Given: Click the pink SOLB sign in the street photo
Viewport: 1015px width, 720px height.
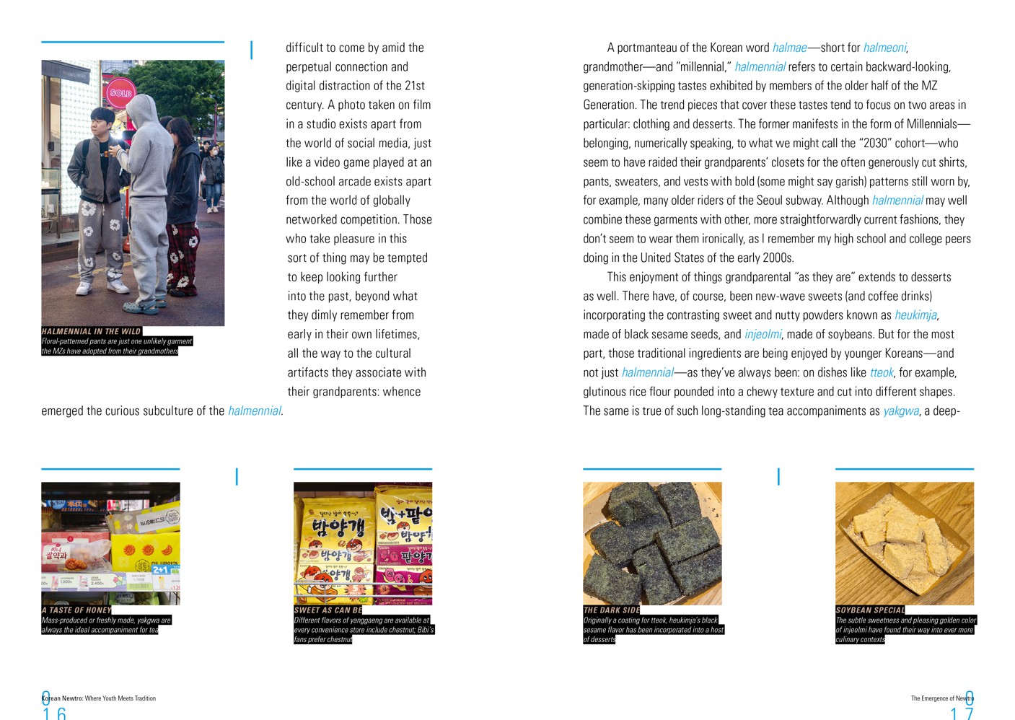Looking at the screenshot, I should pyautogui.click(x=121, y=92).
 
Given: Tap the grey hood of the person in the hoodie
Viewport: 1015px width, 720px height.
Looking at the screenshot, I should pyautogui.click(x=144, y=107).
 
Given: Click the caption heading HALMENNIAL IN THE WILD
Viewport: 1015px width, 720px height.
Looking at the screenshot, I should pyautogui.click(x=91, y=331).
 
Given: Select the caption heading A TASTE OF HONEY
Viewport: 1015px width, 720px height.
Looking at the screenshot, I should pyautogui.click(x=76, y=610).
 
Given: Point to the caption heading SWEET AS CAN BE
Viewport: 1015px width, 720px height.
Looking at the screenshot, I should pyautogui.click(x=328, y=610).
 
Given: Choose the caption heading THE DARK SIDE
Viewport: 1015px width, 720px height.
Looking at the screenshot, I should pyautogui.click(x=611, y=610).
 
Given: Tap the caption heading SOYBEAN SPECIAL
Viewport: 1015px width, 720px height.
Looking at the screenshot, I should pyautogui.click(x=870, y=610).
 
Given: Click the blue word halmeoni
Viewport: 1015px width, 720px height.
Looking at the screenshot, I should pyautogui.click(x=884, y=48).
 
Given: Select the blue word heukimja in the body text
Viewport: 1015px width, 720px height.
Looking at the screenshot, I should pyautogui.click(x=915, y=315).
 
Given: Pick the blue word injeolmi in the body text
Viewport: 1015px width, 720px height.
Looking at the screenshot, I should pyautogui.click(x=763, y=334).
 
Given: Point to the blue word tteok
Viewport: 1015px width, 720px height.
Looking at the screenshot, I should pyautogui.click(x=882, y=372).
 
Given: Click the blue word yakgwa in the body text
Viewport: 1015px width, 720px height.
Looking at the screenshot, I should pyautogui.click(x=901, y=411).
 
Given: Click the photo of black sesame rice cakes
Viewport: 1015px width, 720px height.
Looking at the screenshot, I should pyautogui.click(x=652, y=543).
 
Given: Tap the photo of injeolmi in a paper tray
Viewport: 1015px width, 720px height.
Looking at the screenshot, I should pyautogui.click(x=905, y=543).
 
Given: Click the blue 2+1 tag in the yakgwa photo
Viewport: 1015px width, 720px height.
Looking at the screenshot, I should pyautogui.click(x=160, y=570).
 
